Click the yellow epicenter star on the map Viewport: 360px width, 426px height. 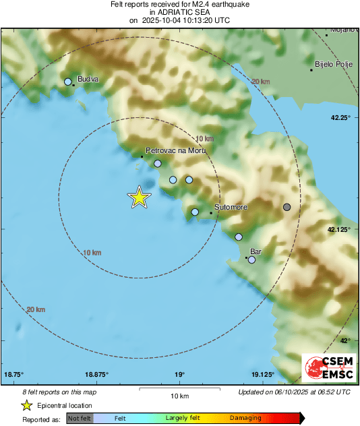139,197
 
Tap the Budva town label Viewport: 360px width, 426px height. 88,79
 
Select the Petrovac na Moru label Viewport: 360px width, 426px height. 175,151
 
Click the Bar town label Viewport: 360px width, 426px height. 256,251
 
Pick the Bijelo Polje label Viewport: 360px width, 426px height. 333,65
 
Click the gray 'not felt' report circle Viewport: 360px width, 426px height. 287,207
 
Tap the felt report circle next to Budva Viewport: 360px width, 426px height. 68,82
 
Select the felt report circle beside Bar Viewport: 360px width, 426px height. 252,260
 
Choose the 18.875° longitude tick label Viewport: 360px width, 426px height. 97,374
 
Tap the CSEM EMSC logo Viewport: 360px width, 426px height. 328,369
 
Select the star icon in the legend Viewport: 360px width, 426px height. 26,406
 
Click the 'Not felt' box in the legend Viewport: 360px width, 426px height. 80,419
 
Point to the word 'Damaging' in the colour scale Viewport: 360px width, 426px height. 245,419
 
